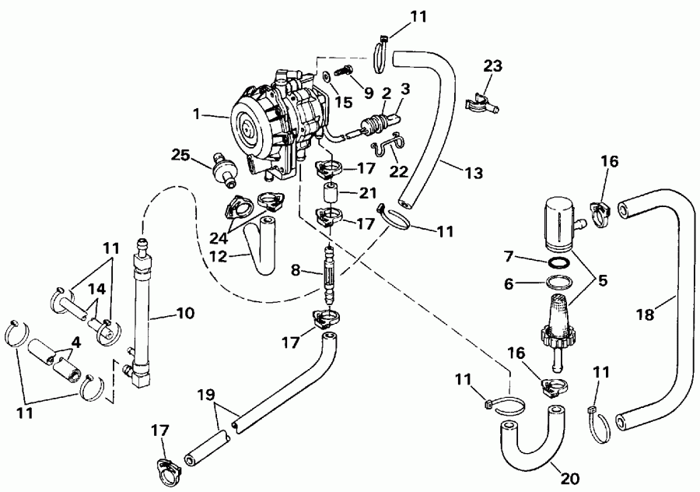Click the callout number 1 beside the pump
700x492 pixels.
pos(200,114)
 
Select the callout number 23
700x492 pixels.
pos(492,67)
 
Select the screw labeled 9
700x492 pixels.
pos(342,72)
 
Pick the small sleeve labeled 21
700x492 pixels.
pos(329,192)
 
